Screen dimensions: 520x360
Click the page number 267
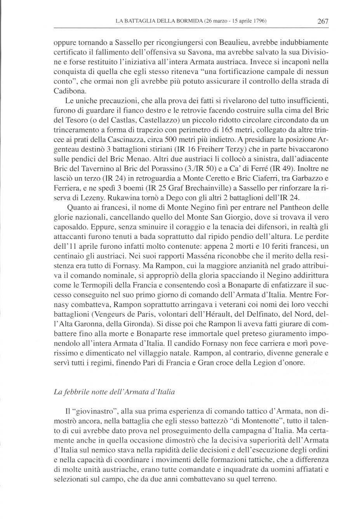(x=323, y=21)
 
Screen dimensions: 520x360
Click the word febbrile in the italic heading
(x=75, y=392)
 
